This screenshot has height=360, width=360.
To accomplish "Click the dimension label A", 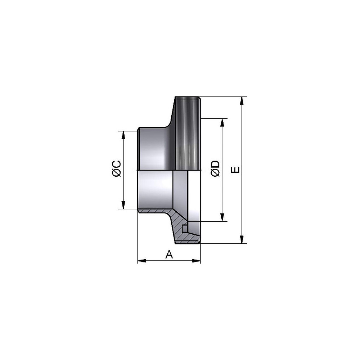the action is [x=169, y=255].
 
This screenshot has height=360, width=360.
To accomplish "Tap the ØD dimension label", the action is [x=215, y=168].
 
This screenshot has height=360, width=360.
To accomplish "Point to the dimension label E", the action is [x=235, y=170].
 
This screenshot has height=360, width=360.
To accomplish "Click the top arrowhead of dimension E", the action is [x=242, y=101].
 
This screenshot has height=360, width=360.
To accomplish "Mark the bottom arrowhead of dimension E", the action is [x=242, y=239].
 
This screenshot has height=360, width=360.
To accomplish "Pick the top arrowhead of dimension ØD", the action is [x=222, y=123].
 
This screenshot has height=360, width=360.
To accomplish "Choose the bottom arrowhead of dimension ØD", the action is [x=222, y=217].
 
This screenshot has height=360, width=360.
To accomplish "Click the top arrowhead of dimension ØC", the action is [x=123, y=135].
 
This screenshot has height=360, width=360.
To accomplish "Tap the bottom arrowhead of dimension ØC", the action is [x=123, y=205].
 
